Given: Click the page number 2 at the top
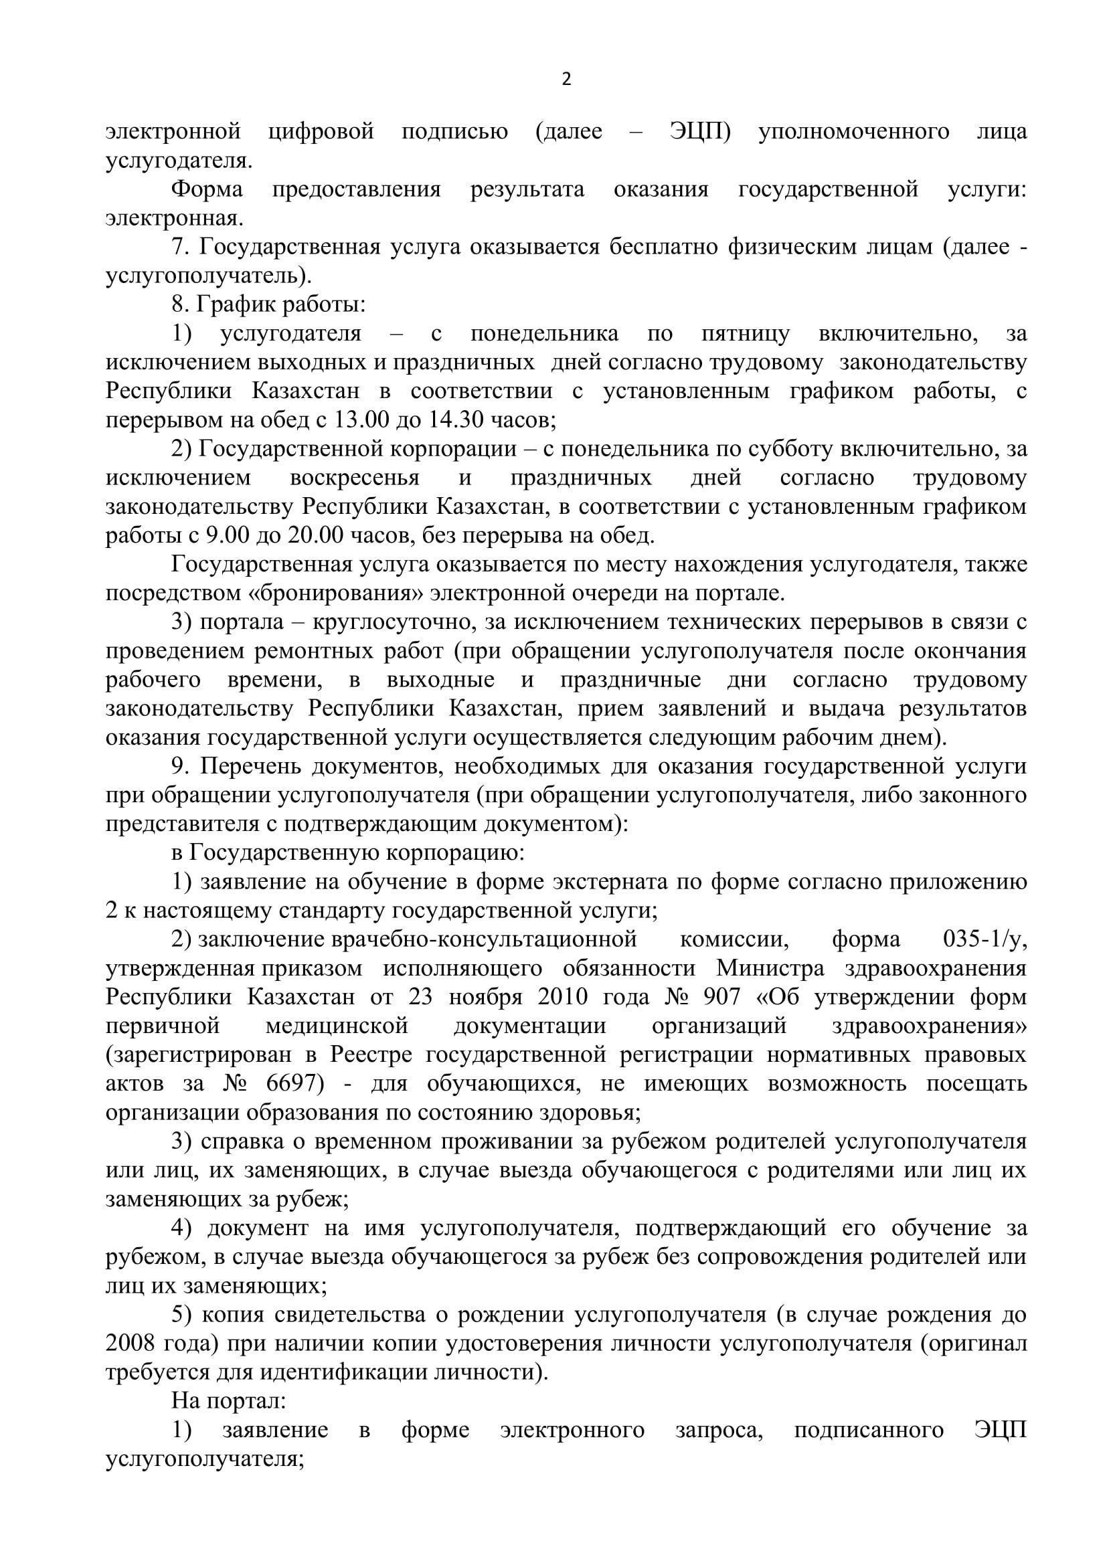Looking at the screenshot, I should [x=566, y=80].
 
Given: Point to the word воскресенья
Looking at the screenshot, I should [x=355, y=478].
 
